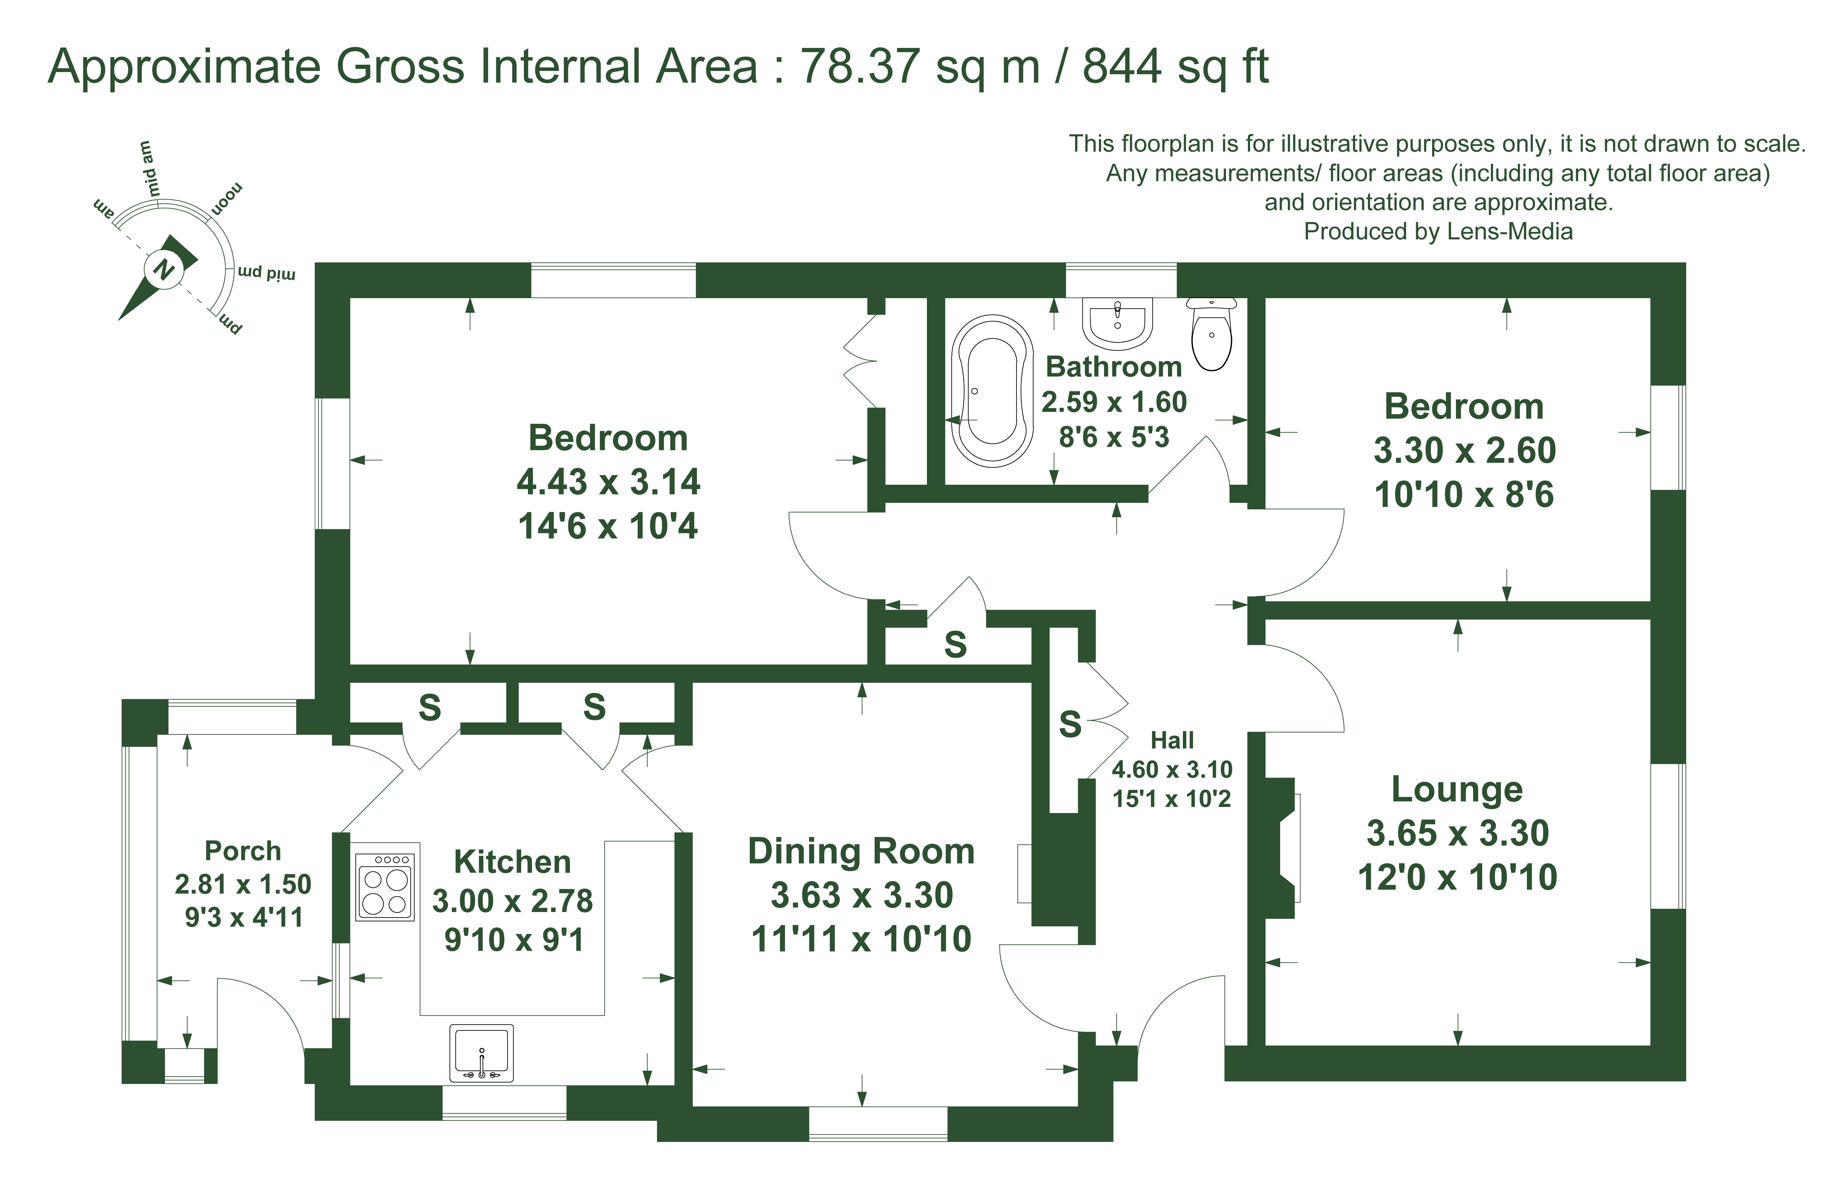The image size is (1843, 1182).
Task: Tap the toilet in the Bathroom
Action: [x=1211, y=334]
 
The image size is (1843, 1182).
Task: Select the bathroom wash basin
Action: [x=1118, y=322]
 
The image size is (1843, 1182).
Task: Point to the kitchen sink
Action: [x=481, y=1053]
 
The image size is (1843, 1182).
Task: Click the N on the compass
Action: [x=164, y=269]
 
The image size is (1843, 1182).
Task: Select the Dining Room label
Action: [x=861, y=851]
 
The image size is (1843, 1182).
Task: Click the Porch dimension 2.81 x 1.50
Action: [x=242, y=884]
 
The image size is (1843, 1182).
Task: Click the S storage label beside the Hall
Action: [x=1070, y=725]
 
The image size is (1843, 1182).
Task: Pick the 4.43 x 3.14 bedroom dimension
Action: [x=608, y=482]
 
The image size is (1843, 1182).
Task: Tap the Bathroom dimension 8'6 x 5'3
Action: [x=1114, y=438]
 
